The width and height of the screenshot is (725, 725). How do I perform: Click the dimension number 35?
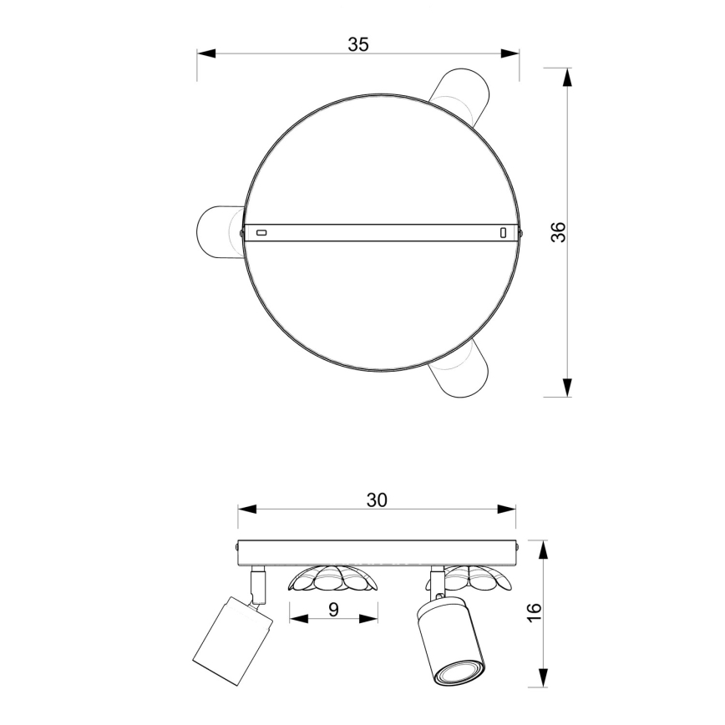[358, 44]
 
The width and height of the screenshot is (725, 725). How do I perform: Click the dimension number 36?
[558, 231]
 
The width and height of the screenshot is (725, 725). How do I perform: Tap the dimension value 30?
[377, 499]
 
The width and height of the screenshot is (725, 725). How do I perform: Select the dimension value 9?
[333, 609]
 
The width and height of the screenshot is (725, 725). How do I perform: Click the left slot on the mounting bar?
[261, 231]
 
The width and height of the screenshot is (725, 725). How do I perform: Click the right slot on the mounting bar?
[503, 231]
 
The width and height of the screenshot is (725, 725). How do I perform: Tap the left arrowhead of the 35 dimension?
[206, 53]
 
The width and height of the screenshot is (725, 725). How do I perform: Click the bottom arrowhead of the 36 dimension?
[568, 387]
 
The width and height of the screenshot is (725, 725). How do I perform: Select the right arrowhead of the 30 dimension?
[506, 509]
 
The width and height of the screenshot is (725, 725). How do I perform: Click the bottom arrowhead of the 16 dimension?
[544, 677]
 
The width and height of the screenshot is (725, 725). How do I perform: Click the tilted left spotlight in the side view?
[232, 629]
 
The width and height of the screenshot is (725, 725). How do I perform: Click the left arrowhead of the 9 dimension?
[297, 619]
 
